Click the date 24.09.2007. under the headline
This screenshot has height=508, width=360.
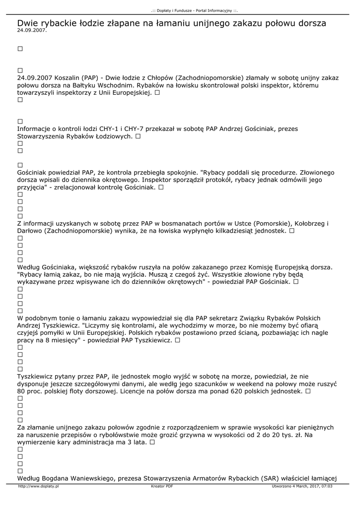click(x=32, y=30)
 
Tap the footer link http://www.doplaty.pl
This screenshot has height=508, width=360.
click(x=38, y=486)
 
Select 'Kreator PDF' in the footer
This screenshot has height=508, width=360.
click(x=162, y=486)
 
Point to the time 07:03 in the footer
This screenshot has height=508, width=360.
click(x=327, y=486)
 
